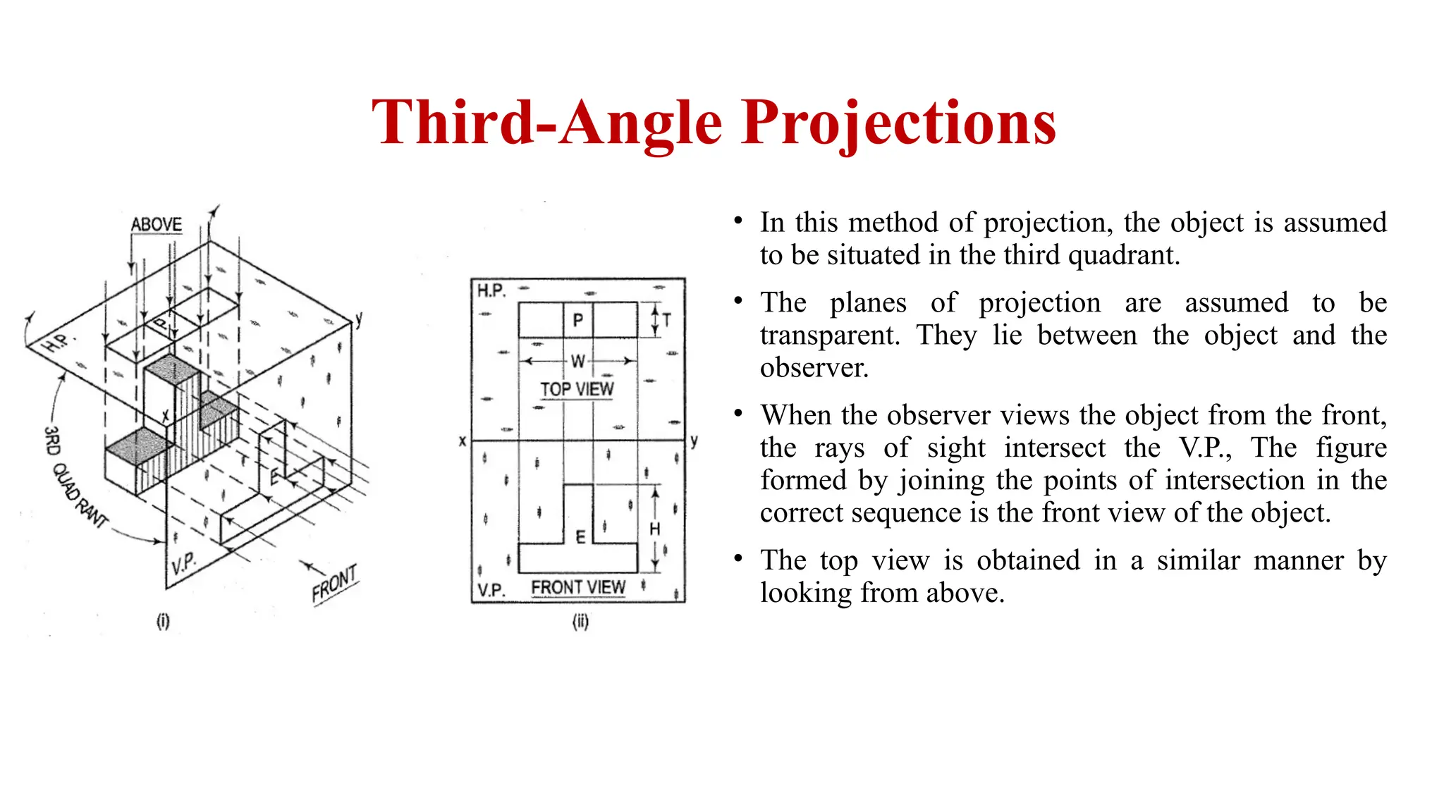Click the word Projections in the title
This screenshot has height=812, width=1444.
pos(899,123)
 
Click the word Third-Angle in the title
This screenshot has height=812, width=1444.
pos(547,123)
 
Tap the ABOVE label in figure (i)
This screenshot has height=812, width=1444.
pos(157,225)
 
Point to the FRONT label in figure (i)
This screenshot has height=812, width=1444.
pos(335,584)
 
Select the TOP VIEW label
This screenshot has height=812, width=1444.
pos(577,389)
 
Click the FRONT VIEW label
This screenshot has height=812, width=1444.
pos(578,587)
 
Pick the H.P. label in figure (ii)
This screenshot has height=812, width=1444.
pos(491,290)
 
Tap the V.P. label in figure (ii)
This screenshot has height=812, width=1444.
pos(491,589)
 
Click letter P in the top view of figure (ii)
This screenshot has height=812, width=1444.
pos(578,321)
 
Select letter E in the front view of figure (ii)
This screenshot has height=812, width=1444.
pos(580,538)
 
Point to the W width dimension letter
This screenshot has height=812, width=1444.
pos(578,362)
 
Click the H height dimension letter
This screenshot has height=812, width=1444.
pos(655,529)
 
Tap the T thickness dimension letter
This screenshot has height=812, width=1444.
pos(667,321)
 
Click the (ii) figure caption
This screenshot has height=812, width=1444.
pos(580,622)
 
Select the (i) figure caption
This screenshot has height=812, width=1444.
pos(163,622)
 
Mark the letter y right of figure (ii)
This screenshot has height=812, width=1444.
pos(695,441)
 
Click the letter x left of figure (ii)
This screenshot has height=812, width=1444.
pos(463,441)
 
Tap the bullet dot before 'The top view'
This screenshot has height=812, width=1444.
pos(738,559)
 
